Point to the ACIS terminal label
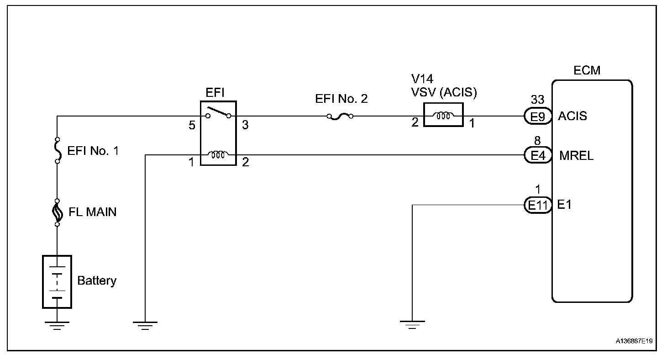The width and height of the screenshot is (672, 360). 572,116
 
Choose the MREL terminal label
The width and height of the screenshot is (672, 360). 576,156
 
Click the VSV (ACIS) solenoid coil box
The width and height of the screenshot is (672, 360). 443,115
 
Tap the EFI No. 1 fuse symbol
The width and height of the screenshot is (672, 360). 58,150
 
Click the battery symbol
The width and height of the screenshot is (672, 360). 57,282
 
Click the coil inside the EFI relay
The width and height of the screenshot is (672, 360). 218,155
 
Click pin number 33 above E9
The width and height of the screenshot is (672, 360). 537,100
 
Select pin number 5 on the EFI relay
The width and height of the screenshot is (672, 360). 192,125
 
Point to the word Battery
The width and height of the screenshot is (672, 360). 97,280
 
